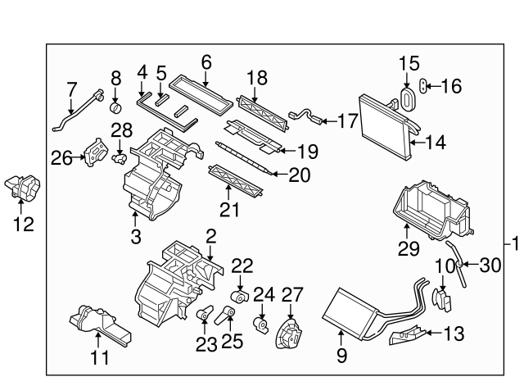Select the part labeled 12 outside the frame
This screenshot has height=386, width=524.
(25, 188)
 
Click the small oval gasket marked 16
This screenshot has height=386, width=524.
(424, 84)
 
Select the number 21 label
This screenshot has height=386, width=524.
(229, 210)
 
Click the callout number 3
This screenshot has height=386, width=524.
(136, 238)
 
